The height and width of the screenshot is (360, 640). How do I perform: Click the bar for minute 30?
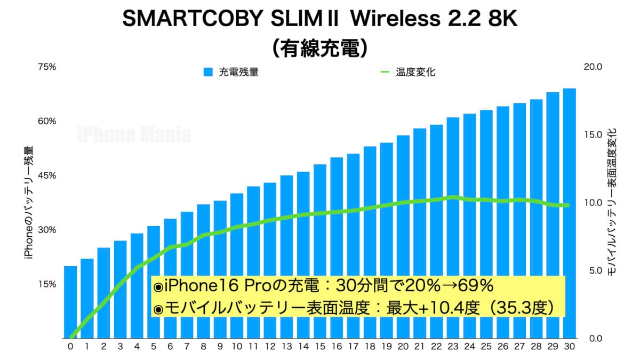pyautogui.click(x=569, y=213)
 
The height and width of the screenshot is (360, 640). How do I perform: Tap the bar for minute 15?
pyautogui.click(x=320, y=251)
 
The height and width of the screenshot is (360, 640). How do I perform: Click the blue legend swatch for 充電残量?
pyautogui.click(x=208, y=72)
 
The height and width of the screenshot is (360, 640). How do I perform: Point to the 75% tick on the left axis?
pyautogui.click(x=47, y=67)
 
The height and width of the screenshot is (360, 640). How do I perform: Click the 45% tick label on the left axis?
pyautogui.click(x=47, y=176)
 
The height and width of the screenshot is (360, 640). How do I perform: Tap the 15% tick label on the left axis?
pyautogui.click(x=47, y=284)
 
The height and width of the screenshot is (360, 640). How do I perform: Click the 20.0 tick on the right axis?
pyautogui.click(x=593, y=67)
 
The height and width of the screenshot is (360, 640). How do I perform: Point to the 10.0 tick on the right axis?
pyautogui.click(x=593, y=203)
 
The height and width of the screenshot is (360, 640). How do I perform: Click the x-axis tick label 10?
pyautogui.click(x=237, y=346)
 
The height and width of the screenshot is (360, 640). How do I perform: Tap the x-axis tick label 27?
pyautogui.click(x=519, y=346)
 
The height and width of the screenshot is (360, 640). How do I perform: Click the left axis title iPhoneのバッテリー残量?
pyautogui.click(x=29, y=203)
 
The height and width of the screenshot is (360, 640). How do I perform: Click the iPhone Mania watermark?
pyautogui.click(x=134, y=134)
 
